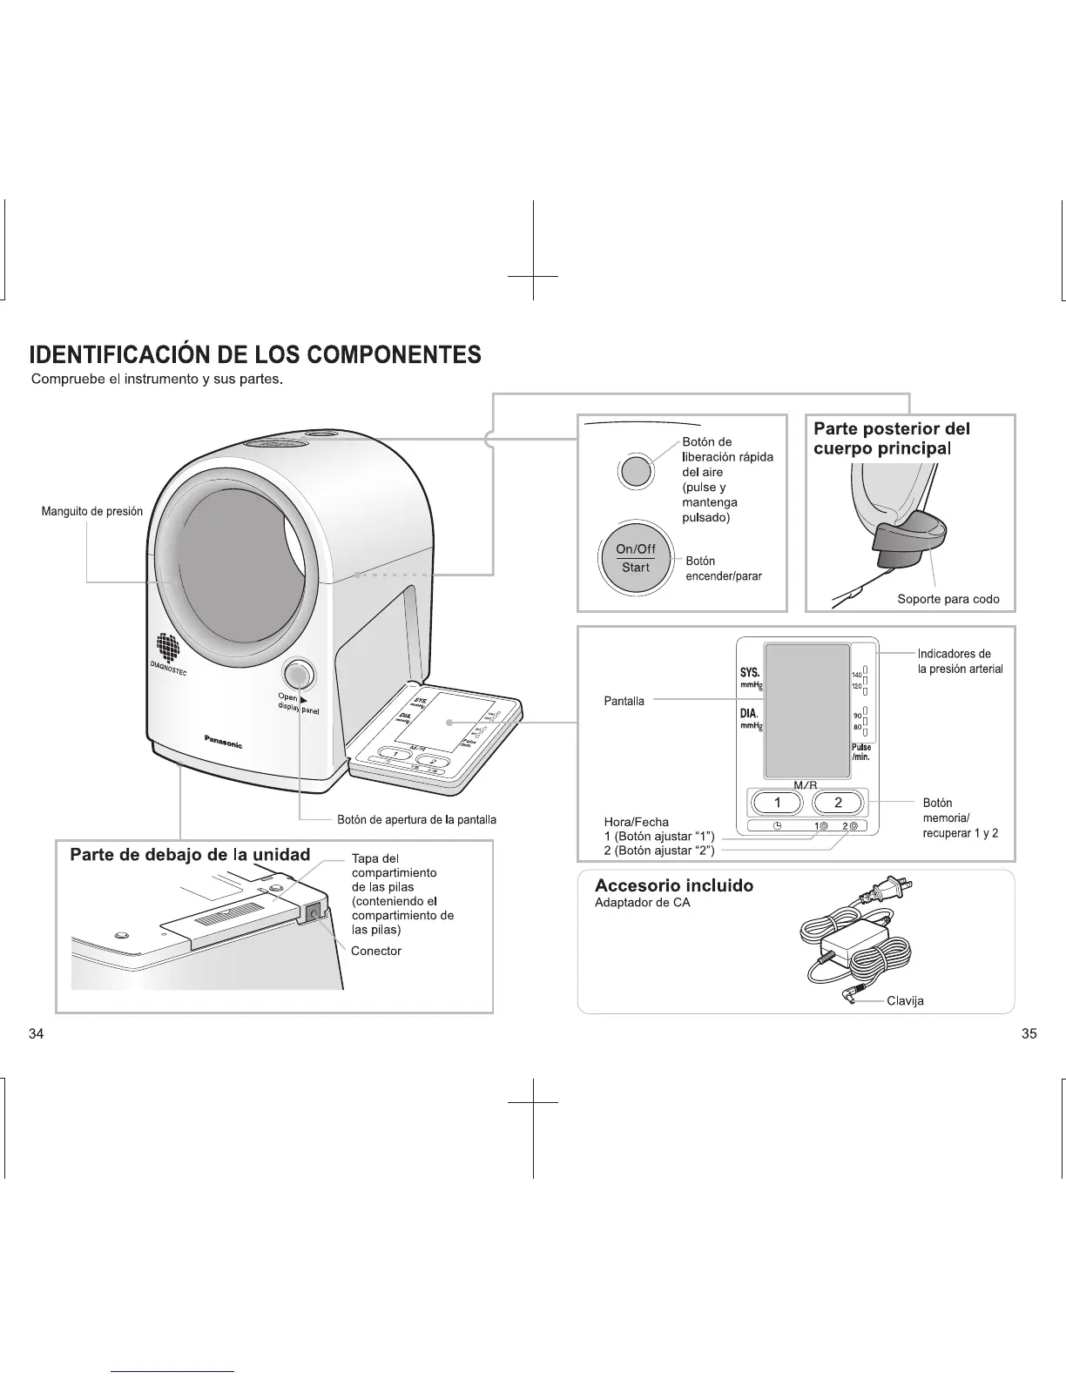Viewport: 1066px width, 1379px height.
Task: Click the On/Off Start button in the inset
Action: click(x=636, y=558)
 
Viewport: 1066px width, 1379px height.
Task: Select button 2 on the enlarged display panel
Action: click(x=838, y=803)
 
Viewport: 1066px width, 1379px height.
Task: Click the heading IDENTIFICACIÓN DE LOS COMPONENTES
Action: click(x=255, y=354)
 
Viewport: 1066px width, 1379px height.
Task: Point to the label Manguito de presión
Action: click(x=92, y=511)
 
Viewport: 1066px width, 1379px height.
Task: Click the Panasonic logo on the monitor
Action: click(x=223, y=741)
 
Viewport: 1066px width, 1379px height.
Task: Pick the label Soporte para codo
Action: click(x=948, y=599)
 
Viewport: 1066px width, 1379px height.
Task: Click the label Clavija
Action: click(x=905, y=1000)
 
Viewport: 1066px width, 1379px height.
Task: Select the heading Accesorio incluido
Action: click(x=673, y=885)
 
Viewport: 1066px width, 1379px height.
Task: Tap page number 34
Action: click(x=36, y=1034)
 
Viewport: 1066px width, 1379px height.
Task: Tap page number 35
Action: click(x=1029, y=1034)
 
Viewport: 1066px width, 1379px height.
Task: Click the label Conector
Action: click(x=376, y=951)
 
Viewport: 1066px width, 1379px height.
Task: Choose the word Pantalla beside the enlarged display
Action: click(x=624, y=701)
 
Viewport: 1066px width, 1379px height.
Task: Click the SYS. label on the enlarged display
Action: click(x=749, y=673)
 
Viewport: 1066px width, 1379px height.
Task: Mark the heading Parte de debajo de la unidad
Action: click(x=190, y=854)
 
